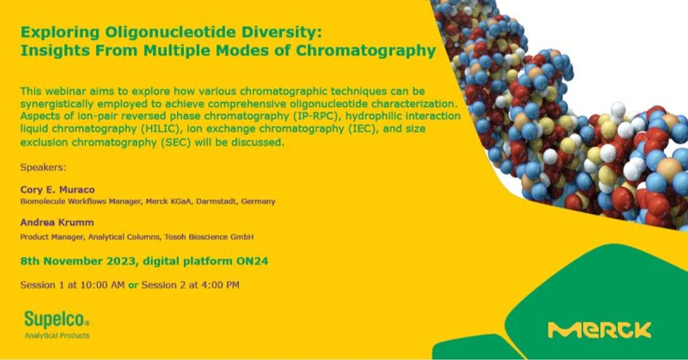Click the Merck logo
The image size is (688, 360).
click(599, 330)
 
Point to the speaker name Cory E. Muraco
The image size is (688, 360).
click(58, 189)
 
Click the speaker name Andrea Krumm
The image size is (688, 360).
click(56, 223)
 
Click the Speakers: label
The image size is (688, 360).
click(42, 167)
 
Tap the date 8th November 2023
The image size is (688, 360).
click(79, 261)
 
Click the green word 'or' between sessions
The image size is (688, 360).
click(133, 285)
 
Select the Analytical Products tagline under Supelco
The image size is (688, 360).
click(57, 336)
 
